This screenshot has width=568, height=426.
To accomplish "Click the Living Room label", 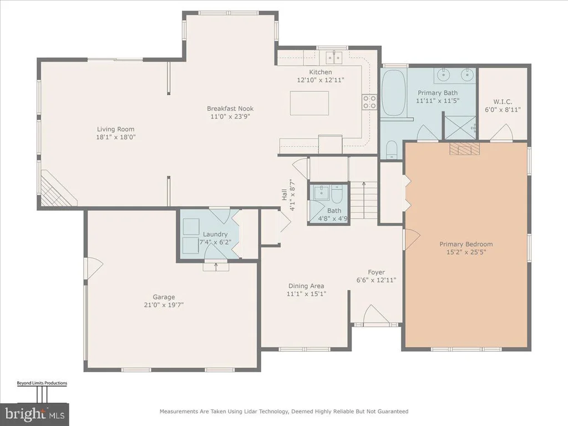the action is [x=115, y=129].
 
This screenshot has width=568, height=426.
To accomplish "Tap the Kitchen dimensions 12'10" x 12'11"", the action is [x=321, y=80].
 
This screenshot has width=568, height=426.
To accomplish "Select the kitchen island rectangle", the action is [x=310, y=103].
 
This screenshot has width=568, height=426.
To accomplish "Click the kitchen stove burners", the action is [x=369, y=102].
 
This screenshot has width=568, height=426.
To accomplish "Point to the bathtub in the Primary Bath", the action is [x=393, y=93].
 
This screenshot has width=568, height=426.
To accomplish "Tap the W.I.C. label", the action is [x=503, y=102].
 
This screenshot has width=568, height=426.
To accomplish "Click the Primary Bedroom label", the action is [x=466, y=244].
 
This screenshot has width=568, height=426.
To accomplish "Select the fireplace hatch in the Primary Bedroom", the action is [x=465, y=149].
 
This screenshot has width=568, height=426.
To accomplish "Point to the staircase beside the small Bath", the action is [x=364, y=200].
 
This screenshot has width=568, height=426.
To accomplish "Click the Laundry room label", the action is [x=215, y=235].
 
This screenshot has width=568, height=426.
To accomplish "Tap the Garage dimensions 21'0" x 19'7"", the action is [x=164, y=305].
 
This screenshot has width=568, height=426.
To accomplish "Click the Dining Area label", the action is [x=306, y=286].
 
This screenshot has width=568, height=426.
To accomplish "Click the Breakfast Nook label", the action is [x=230, y=108].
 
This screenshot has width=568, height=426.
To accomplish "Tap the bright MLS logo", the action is [x=34, y=414].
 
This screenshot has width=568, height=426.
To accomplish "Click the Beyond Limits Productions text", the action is [x=42, y=383].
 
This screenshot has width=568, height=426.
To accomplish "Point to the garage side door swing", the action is [x=93, y=268].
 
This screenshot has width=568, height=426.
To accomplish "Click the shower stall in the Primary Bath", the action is [x=460, y=127].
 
